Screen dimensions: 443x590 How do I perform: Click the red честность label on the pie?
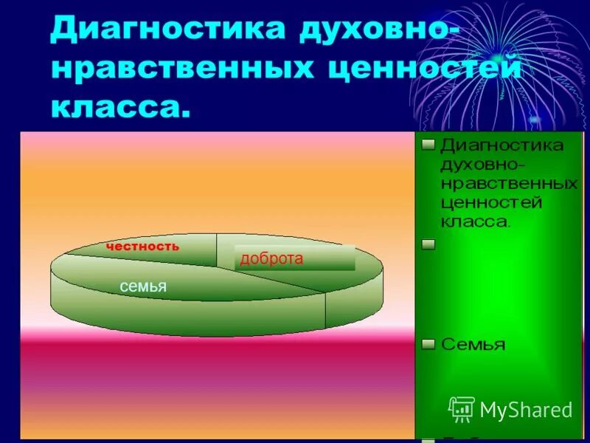click(142, 247)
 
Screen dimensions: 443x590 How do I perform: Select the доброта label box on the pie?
click(295, 258)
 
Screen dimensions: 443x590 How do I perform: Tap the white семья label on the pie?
click(145, 286)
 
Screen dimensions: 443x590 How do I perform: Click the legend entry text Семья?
click(473, 345)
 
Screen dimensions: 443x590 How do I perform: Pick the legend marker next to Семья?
click(428, 343)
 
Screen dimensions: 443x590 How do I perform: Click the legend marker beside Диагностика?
click(428, 145)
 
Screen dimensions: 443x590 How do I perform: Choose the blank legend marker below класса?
click(428, 244)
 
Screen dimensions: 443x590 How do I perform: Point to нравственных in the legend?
click(509, 182)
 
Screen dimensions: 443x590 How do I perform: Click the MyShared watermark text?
click(526, 410)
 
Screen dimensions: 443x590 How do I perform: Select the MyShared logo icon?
click(462, 408)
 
